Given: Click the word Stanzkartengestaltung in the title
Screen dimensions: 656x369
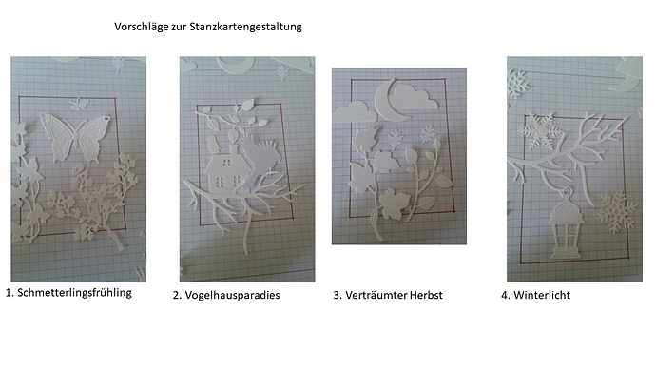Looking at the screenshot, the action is pos(245,27).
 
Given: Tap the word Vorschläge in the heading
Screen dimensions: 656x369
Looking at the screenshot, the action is pos(141,28).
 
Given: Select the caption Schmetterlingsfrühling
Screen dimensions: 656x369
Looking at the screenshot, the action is pos(74,293).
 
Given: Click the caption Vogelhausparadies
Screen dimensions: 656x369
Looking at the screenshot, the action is pos(232,296).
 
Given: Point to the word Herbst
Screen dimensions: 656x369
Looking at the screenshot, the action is pos(426,295).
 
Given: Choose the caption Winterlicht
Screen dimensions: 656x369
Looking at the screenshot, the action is pos(542,295).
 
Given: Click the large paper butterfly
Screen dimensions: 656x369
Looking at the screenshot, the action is pos(75,137).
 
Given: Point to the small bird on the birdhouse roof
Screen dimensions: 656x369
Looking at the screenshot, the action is pos(213,145).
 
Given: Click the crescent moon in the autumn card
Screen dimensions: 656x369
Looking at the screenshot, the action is pos(389,101).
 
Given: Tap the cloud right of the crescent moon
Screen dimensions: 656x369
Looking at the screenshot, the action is pos(415,97).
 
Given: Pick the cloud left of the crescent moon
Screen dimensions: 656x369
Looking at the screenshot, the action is pos(356,111).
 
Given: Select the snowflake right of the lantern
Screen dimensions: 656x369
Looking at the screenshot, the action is pos(616,212).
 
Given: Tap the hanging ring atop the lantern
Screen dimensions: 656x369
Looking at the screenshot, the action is pos(567,193).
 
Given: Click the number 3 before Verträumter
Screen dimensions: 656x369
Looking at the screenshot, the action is pos(337,296).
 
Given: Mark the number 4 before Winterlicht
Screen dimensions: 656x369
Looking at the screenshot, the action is pos(505,296).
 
